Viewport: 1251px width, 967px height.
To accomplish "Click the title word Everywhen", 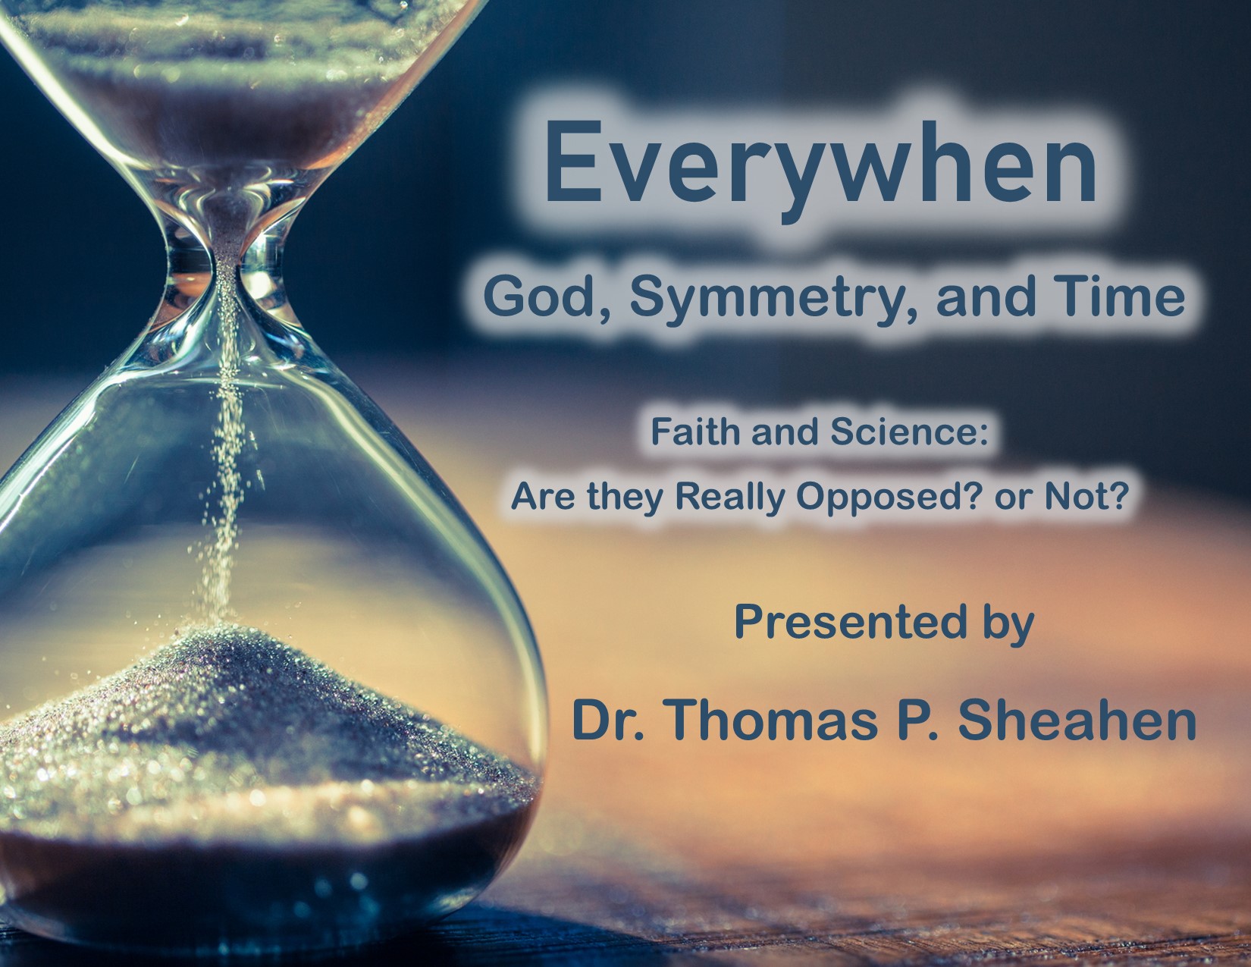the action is point(820,167).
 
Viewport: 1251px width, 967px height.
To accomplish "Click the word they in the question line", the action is point(625,498).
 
